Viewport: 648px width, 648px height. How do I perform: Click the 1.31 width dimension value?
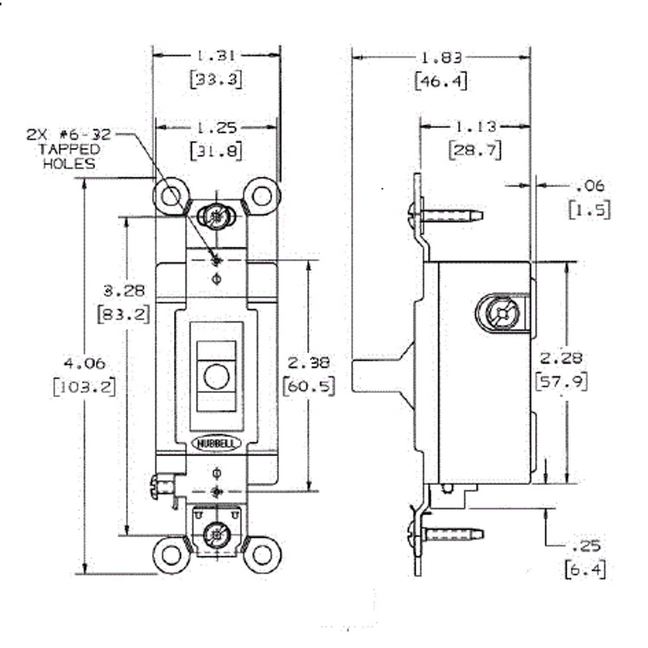coord(215,56)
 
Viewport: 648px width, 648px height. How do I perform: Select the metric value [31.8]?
coord(216,151)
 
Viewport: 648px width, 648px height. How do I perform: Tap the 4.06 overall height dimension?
coord(84,363)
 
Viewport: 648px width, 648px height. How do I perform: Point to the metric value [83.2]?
coord(123,314)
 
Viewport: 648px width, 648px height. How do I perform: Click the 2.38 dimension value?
coord(308,362)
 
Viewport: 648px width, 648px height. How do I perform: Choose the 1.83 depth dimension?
coord(441,58)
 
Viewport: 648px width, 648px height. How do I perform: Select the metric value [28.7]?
coord(475,150)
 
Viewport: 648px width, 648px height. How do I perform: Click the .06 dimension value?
coord(590,186)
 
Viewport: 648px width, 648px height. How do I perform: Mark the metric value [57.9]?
coord(561,381)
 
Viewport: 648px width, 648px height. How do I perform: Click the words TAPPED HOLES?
coord(69,157)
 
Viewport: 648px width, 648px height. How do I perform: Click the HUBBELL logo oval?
coord(217,443)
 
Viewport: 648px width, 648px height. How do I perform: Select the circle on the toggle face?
coord(217,375)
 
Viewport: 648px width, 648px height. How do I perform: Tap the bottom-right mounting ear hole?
coord(262,555)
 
